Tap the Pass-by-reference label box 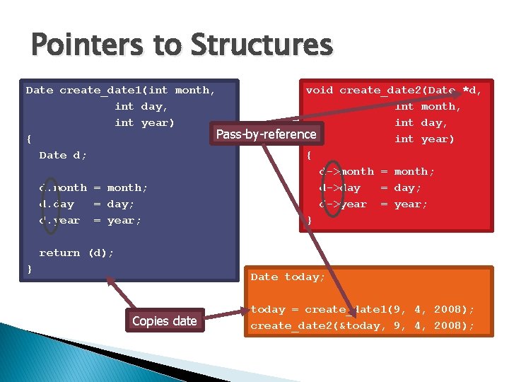266,134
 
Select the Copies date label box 164,320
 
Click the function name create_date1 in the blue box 104,90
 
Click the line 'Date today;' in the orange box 288,277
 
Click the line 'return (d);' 76,253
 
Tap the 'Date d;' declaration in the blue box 63,155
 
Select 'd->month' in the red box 346,171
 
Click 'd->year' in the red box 343,204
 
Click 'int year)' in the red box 424,139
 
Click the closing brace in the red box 309,220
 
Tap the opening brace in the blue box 29,139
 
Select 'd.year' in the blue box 59,220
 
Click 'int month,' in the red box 428,106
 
